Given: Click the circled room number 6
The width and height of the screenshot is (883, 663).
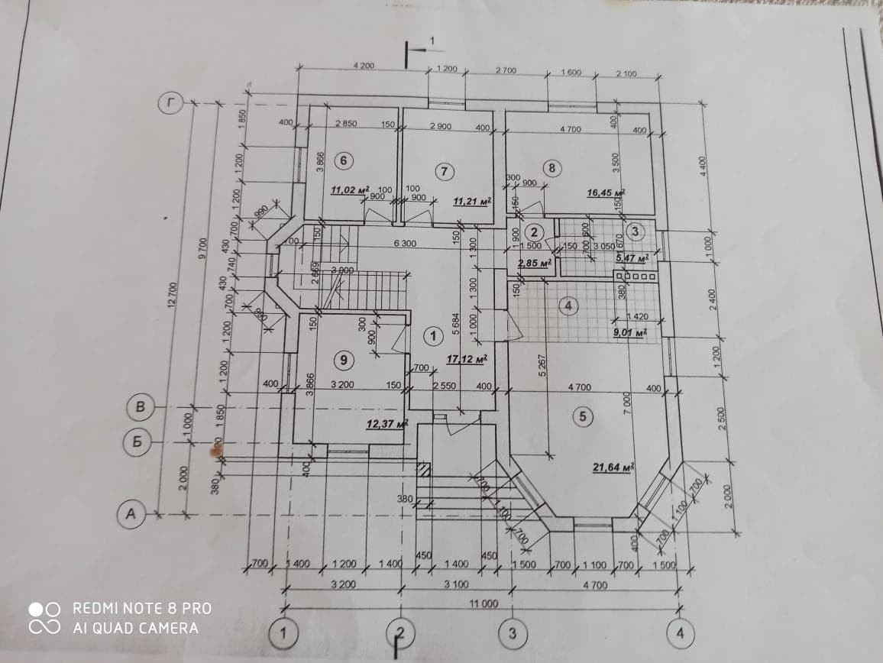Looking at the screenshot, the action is click(x=344, y=160).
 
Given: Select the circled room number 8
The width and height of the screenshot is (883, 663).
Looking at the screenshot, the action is click(x=551, y=167).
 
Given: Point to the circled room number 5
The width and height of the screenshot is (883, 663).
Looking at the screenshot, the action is click(x=583, y=416).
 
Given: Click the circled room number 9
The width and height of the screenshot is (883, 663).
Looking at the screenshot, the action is click(x=344, y=358).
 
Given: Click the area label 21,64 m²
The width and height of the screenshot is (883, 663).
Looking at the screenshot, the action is click(x=615, y=467).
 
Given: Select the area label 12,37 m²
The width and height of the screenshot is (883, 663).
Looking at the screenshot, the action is click(x=387, y=423).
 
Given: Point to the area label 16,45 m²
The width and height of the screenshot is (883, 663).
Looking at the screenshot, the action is click(x=606, y=193).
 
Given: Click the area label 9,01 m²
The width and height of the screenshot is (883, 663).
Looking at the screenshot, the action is click(x=631, y=332).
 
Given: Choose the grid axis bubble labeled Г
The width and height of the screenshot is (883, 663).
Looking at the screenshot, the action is click(x=170, y=104).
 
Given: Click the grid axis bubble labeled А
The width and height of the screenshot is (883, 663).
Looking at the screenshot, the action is click(x=131, y=515).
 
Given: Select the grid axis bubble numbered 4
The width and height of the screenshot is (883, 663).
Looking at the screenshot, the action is click(x=679, y=632).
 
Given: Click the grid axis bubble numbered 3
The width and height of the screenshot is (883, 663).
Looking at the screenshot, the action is click(x=512, y=632).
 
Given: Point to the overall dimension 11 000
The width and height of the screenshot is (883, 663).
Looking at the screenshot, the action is click(x=483, y=603).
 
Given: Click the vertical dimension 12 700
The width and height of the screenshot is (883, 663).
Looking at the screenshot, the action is click(x=173, y=294).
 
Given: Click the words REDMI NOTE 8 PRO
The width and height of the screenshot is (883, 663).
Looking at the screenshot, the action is click(x=142, y=608).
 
